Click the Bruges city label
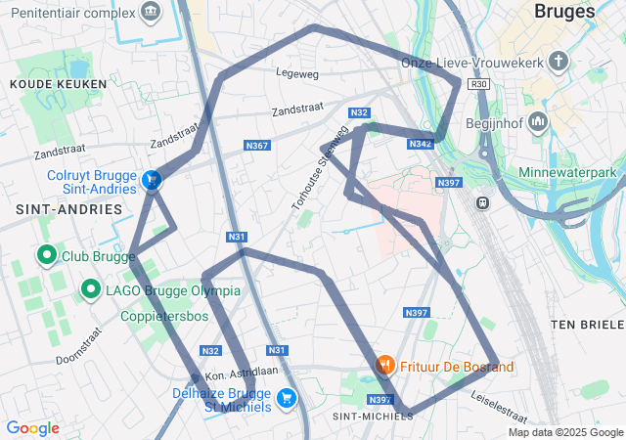[566, 12]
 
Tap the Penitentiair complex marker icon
[150, 12]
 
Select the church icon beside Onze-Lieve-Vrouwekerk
[559, 63]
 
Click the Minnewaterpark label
[573, 172]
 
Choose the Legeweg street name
[297, 73]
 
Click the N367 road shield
[256, 146]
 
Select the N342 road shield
[420, 144]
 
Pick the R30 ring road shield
[478, 85]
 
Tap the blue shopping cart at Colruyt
[152, 180]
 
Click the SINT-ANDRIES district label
[68, 209]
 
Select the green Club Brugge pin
[45, 256]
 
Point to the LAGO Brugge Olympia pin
[91, 289]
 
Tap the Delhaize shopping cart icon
[287, 397]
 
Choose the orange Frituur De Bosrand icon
[386, 366]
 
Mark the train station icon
[481, 202]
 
